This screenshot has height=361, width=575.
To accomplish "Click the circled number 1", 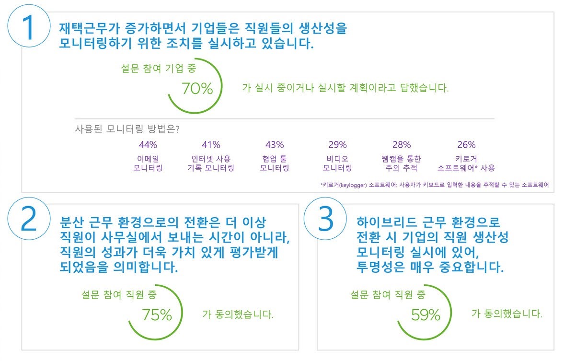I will [29, 28].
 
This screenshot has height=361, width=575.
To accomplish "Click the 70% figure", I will [197, 89].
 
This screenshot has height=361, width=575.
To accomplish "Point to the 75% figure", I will [157, 314].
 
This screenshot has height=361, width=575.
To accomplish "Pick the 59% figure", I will [425, 314].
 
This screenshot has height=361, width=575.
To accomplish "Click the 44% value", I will [148, 145].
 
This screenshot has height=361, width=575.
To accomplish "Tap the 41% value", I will [211, 145].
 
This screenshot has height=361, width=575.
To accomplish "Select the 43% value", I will [275, 145].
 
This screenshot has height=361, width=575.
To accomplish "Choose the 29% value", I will [338, 145].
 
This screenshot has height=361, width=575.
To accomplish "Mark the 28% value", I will [402, 145].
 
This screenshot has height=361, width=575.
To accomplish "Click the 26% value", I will [466, 145].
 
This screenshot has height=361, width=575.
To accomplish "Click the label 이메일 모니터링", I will [148, 163].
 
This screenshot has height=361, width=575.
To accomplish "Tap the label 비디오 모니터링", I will [338, 163].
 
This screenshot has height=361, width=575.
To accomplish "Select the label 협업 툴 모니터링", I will [275, 163].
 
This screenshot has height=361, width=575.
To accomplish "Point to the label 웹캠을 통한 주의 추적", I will [402, 163].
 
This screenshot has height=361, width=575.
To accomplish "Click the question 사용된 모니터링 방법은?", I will [127, 128].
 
